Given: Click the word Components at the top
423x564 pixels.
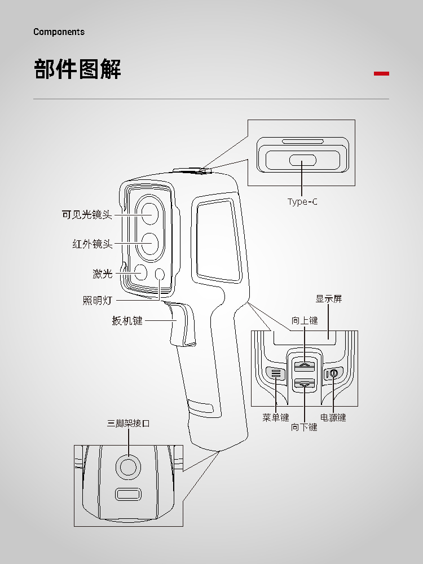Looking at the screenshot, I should [x=59, y=32].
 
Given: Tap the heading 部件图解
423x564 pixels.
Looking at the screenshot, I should [x=78, y=69].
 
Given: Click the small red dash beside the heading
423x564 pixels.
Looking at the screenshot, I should [x=382, y=73].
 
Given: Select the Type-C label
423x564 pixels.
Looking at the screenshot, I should [x=302, y=202].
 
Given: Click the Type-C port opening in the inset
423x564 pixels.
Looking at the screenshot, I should [x=303, y=160].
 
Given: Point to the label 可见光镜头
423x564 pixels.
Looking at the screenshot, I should [x=87, y=215].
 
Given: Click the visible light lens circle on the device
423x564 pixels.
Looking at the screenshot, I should [x=149, y=213].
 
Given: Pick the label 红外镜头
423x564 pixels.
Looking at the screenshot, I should [x=92, y=244].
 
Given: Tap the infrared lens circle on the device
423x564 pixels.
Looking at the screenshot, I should [x=149, y=243].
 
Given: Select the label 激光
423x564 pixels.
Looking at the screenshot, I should [x=103, y=274].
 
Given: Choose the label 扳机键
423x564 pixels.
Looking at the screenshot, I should [x=127, y=321].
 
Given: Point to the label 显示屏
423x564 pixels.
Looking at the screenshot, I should [x=329, y=299].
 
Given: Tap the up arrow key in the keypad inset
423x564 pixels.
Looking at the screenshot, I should [x=305, y=367].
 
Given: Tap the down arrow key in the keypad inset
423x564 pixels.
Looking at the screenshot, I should [x=305, y=384].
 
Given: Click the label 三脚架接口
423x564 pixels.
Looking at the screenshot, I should [x=129, y=423].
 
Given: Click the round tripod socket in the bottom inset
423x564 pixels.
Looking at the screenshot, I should [x=128, y=467].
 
